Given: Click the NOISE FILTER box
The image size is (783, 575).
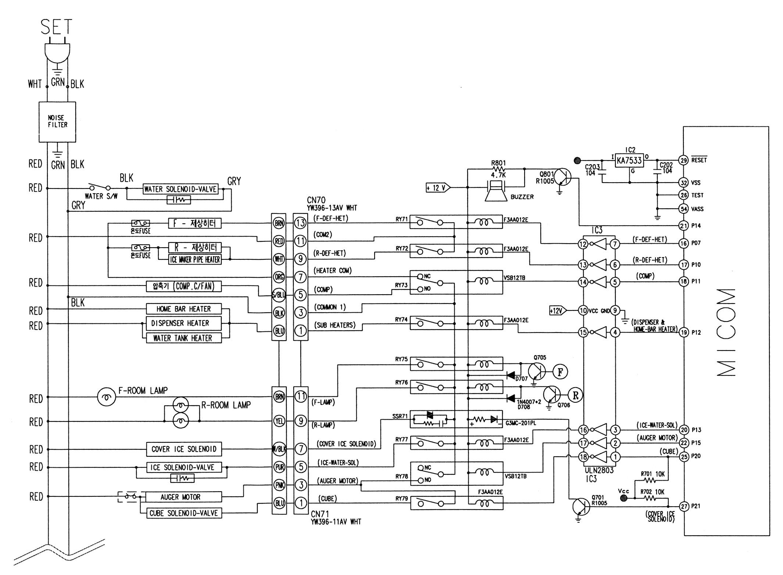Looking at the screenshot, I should (57, 122).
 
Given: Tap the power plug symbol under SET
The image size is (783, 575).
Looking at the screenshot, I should (57, 51).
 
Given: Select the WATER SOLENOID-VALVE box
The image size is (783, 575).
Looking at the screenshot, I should (180, 189).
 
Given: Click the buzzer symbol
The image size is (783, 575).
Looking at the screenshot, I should (496, 190).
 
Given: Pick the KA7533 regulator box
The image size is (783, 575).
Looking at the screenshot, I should (629, 161).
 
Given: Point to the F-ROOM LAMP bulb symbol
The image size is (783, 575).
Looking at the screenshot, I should (106, 398).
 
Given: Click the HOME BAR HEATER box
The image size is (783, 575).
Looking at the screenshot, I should (183, 309).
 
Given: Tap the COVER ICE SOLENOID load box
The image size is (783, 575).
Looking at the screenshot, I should (183, 449).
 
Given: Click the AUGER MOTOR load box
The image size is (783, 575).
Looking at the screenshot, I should (180, 497).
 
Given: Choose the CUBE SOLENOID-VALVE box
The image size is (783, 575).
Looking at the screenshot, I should (183, 513).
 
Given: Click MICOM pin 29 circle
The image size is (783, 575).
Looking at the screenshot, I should (683, 160).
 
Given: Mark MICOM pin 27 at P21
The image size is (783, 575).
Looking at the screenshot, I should (683, 506).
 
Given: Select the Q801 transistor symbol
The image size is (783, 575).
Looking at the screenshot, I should (562, 177).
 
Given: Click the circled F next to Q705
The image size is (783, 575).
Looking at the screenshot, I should (560, 372).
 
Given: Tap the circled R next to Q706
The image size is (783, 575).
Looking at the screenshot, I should (576, 395).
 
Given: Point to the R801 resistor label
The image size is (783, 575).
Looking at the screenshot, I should (498, 163).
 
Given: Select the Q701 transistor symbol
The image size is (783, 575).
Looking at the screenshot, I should (581, 507).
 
